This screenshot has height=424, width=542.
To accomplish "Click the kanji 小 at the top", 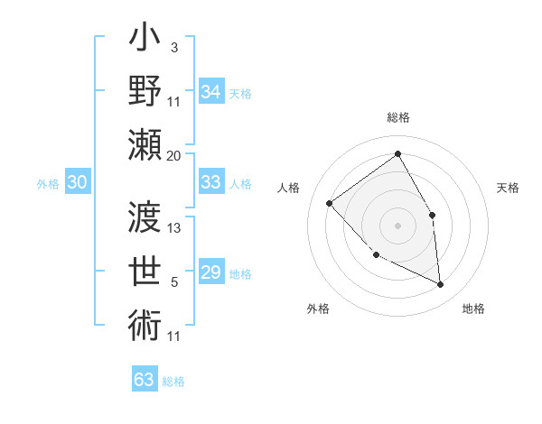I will pos(145,41).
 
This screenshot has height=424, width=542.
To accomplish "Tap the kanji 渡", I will pos(145,217).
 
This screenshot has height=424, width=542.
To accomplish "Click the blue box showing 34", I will pos(210,92).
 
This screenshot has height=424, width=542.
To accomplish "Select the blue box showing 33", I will pos(210,182).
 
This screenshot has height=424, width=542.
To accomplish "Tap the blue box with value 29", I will pos(210,272).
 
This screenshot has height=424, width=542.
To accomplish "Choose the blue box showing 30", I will pos(77,182).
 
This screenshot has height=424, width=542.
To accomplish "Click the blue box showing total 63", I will pos(144,379).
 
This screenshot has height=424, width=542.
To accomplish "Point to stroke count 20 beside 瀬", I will pos(173,155).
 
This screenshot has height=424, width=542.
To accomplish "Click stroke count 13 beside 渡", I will pos(175,228).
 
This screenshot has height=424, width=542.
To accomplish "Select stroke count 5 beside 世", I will pos(175,282).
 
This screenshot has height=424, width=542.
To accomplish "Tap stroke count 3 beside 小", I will pos(173,47).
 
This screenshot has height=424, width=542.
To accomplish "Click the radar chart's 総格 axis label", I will pos(397,117).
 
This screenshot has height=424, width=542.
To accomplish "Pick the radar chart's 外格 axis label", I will pos(318,309).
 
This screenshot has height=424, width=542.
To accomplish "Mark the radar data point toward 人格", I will pos(330,203).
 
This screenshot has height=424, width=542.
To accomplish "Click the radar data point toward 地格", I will pos(440,284).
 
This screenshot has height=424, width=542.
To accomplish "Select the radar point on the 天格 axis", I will pos(432,215).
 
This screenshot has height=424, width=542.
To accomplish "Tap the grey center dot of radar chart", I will pos(397,225).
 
